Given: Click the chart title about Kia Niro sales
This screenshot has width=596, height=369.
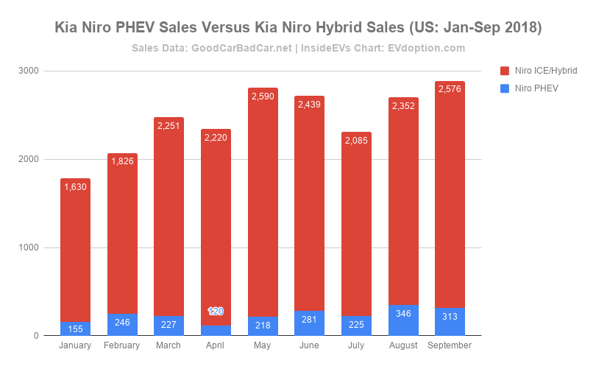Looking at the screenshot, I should point(298,28).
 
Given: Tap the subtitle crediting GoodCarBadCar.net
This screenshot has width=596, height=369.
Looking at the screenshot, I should point(298,48).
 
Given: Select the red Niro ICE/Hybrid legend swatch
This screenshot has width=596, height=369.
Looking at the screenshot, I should point(505,71).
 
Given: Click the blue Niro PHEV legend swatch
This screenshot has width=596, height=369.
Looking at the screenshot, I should point(505,88).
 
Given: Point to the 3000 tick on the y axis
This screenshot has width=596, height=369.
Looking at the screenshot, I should point(29,71).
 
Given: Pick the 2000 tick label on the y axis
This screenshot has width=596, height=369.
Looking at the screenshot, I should point(29,159).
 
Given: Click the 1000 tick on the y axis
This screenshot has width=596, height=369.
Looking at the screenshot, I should point(29,247).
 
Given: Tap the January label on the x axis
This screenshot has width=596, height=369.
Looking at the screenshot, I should point(75,345).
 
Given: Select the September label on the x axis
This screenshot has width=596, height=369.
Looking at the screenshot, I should point(450,345).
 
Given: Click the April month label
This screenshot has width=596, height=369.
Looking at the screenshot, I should point(216,345).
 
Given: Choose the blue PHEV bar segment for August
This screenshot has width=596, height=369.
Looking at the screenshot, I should point(403,320).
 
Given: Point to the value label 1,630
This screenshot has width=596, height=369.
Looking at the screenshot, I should point(75,187).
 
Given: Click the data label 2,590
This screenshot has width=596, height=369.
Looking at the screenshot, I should point(263,96).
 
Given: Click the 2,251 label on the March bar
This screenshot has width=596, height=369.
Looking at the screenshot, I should point(169,126).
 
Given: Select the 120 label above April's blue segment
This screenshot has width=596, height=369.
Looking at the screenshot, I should point(216,312).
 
